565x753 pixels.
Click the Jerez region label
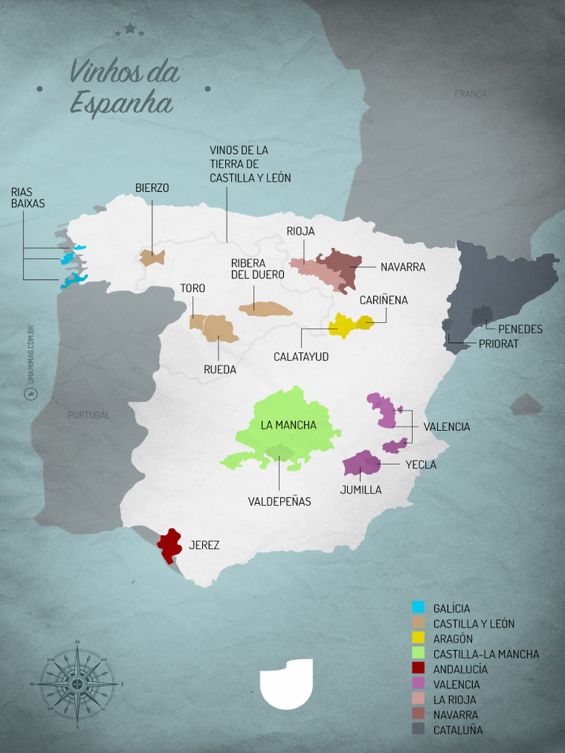pos(204,546)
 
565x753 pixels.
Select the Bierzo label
pos(152,188)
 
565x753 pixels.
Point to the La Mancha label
pos(288,425)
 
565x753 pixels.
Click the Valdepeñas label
pos(280,502)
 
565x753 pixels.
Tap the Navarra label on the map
pos(402,267)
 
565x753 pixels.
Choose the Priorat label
pos(498,343)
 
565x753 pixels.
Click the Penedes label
pos(520,329)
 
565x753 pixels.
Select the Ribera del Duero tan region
pos(264,310)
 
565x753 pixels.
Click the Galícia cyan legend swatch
pos(419,608)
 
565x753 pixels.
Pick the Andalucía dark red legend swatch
pos(419,669)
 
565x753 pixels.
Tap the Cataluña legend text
pos(458,730)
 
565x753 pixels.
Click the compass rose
pos(77,683)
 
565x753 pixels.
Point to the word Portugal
pos(88,415)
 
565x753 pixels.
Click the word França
pos(471,94)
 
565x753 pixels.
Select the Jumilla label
pos(360,490)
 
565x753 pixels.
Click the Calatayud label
pos(301,357)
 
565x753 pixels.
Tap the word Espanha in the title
pos(121,104)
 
